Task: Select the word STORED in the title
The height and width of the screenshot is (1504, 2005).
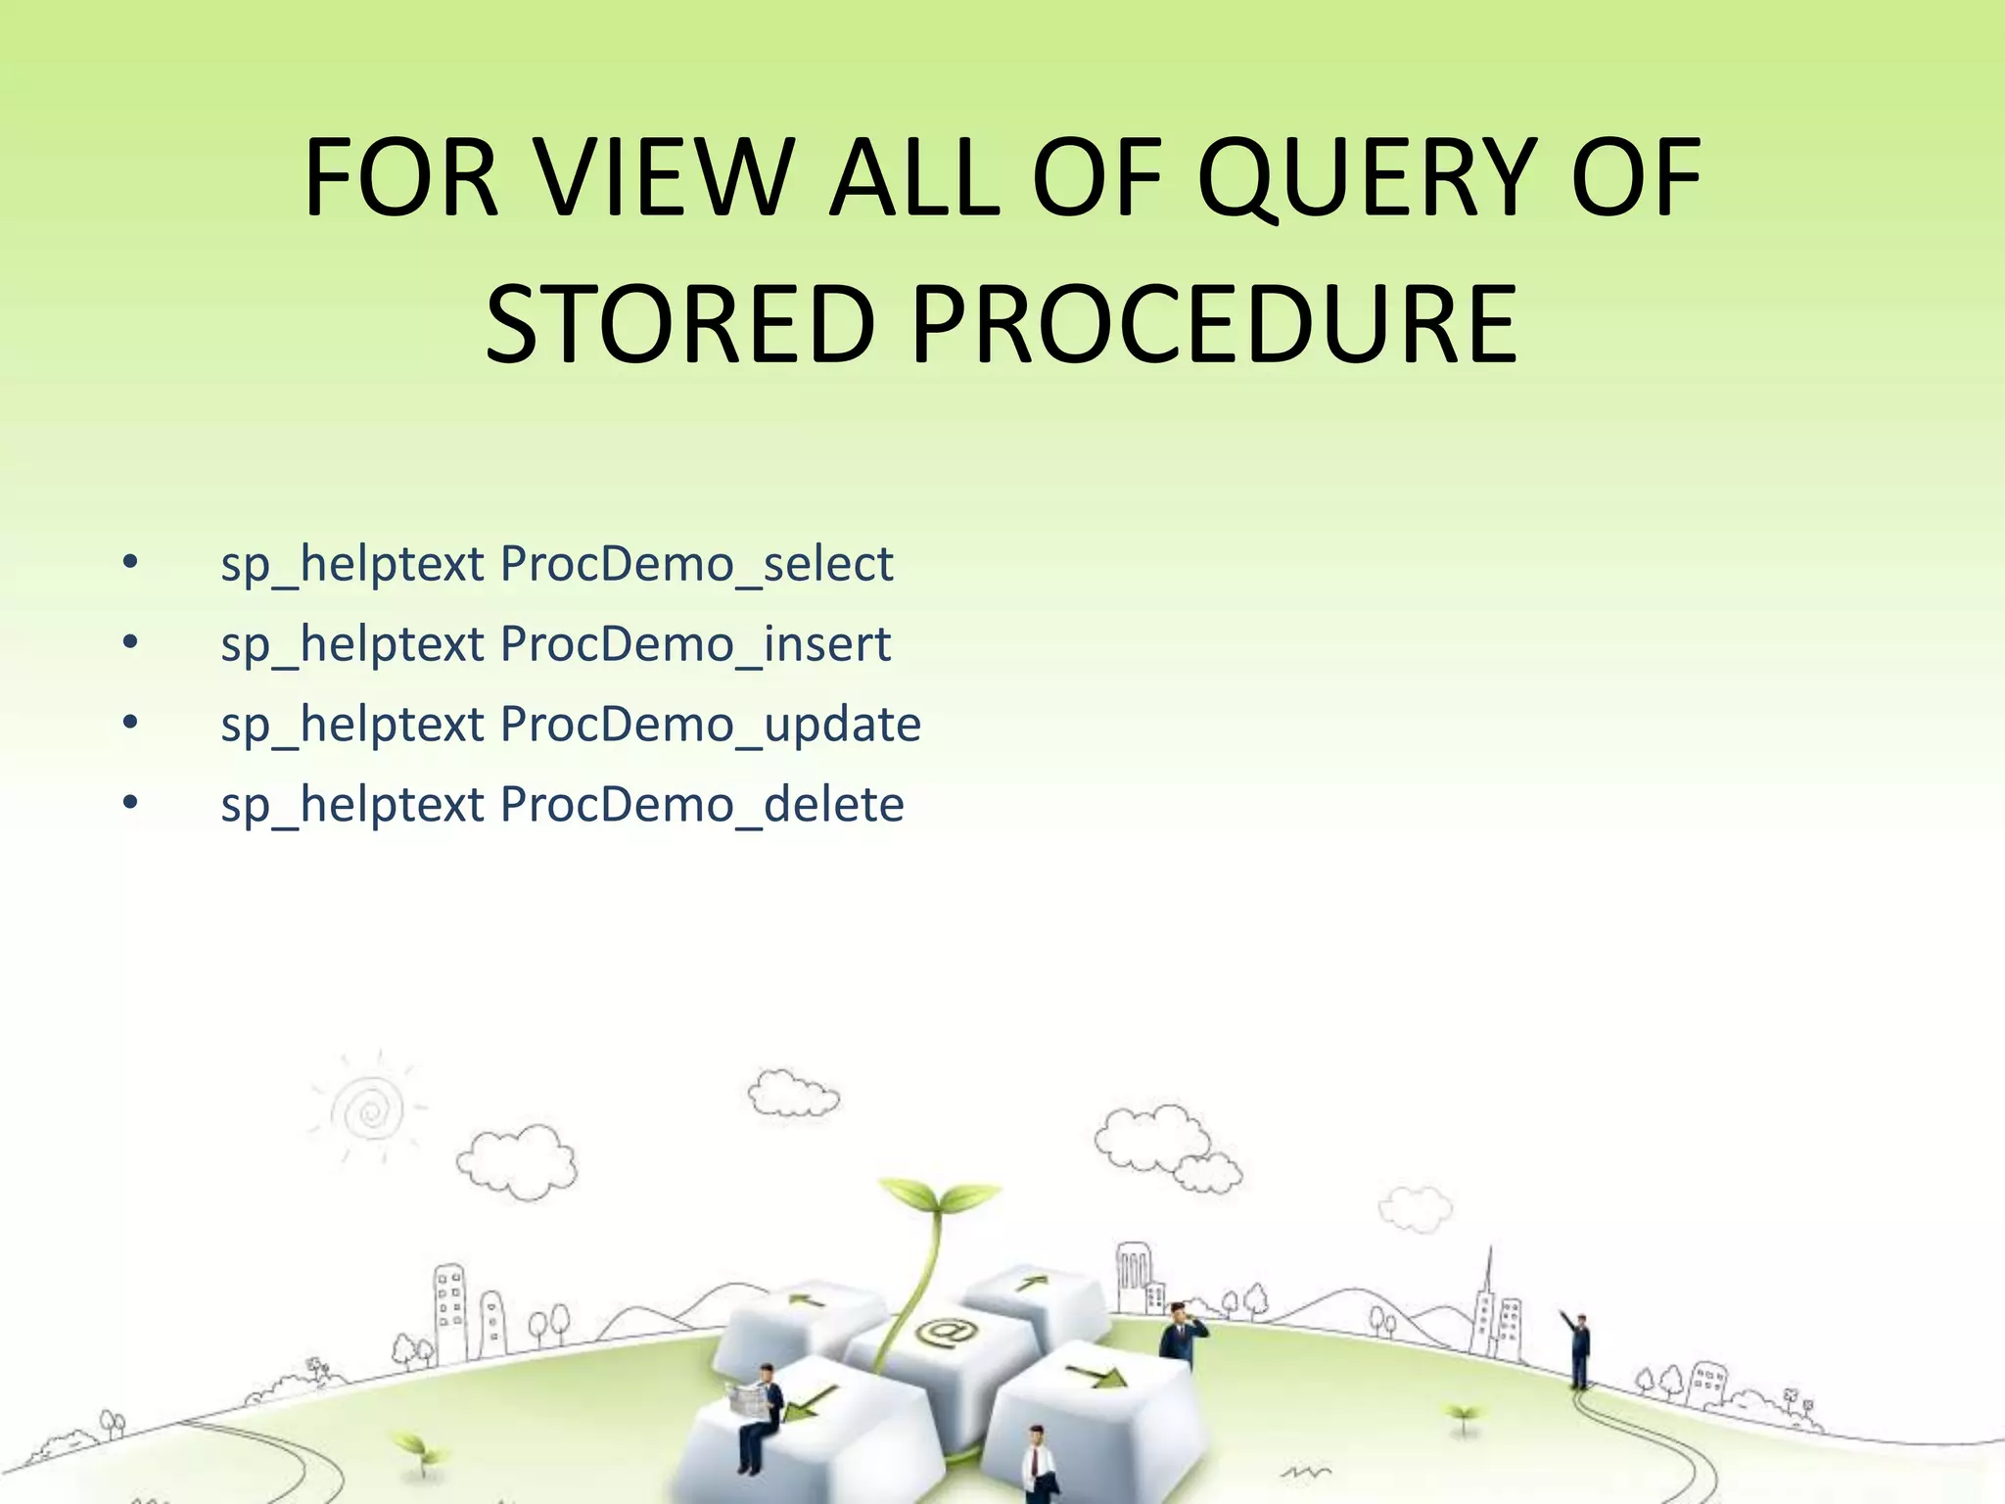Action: (x=679, y=323)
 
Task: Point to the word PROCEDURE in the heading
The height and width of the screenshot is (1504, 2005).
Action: (x=1214, y=323)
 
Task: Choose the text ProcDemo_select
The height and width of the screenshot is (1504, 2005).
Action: (x=696, y=565)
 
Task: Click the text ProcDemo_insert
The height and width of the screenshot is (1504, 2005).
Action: (x=695, y=645)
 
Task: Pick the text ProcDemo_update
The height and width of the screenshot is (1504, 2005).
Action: (x=710, y=726)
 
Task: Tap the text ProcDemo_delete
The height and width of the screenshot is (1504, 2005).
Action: (x=701, y=806)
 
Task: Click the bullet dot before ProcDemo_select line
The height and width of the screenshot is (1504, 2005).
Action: (x=131, y=563)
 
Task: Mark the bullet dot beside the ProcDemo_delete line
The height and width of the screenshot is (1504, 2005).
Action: (x=131, y=804)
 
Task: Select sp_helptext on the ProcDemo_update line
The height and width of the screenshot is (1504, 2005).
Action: (x=352, y=726)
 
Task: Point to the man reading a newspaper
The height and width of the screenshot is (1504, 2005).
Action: (x=761, y=1410)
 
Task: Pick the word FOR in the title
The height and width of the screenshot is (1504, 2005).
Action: (x=401, y=178)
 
